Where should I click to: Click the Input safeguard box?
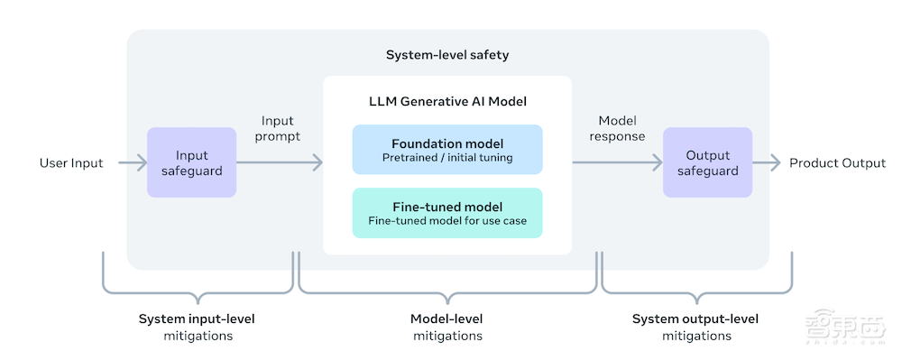pos(191,162)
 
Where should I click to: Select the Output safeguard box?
pos(707,162)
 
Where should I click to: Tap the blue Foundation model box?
pos(447,150)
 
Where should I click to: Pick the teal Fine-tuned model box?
pos(447,213)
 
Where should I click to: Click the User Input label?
pos(71,162)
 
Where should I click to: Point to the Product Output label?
pos(838,162)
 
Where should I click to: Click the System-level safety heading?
pos(447,55)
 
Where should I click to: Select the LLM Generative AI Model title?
pos(447,102)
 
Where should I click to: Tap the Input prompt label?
pos(278,128)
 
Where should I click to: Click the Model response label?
pos(617,128)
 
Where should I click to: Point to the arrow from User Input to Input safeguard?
pos(133,162)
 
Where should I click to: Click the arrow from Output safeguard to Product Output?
pos(766,162)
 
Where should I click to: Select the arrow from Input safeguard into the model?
pos(280,162)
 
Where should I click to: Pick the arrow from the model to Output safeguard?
pos(618,162)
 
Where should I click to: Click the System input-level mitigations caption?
pos(197,328)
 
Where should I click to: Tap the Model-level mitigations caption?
pos(447,328)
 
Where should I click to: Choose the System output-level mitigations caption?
pos(696,328)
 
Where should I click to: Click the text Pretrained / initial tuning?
pos(447,157)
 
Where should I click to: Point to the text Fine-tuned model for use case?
pos(447,220)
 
